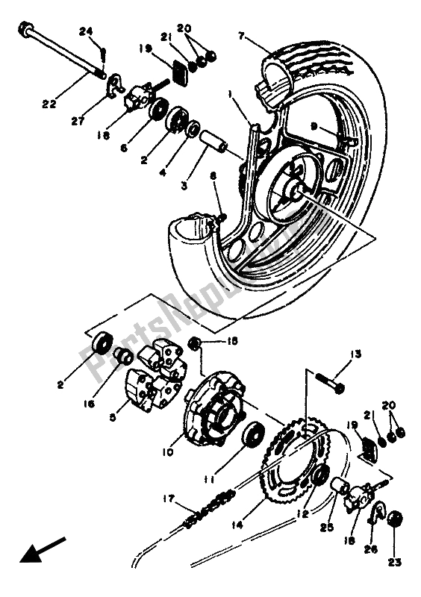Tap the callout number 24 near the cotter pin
point(84,31)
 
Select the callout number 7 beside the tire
point(241,36)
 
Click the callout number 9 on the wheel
point(293,126)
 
